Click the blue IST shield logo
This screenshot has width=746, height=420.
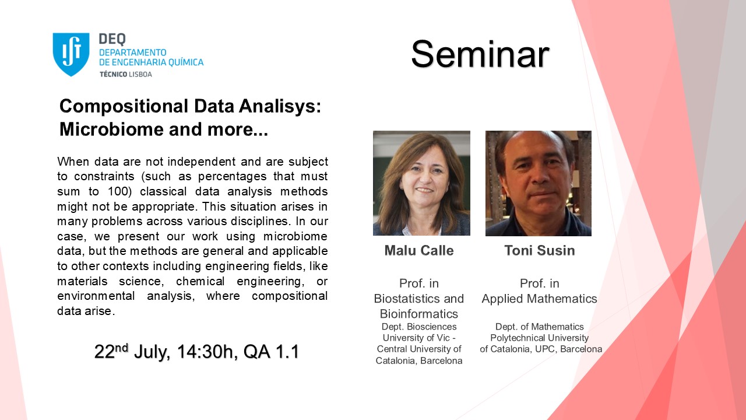coord(71,54)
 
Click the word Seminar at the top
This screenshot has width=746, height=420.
coord(480,54)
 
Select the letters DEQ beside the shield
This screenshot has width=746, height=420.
coord(112,39)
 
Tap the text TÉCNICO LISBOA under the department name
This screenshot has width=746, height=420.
coord(126,74)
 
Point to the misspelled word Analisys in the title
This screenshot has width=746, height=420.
coord(279,107)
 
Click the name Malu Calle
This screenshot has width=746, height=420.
coord(419,250)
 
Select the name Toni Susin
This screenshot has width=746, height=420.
coord(540,250)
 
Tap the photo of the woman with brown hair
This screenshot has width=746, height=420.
coord(421,183)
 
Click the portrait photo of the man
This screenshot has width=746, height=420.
coord(538,183)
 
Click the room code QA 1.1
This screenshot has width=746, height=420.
coord(272,352)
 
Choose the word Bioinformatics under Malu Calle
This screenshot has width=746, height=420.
coord(419,314)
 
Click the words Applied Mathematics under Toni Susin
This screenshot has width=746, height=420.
coord(539,299)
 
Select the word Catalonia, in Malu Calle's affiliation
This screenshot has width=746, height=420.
coord(396,361)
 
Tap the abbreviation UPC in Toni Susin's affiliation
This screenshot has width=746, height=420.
coord(547,349)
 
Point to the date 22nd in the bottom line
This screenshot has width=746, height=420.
coord(111,351)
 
